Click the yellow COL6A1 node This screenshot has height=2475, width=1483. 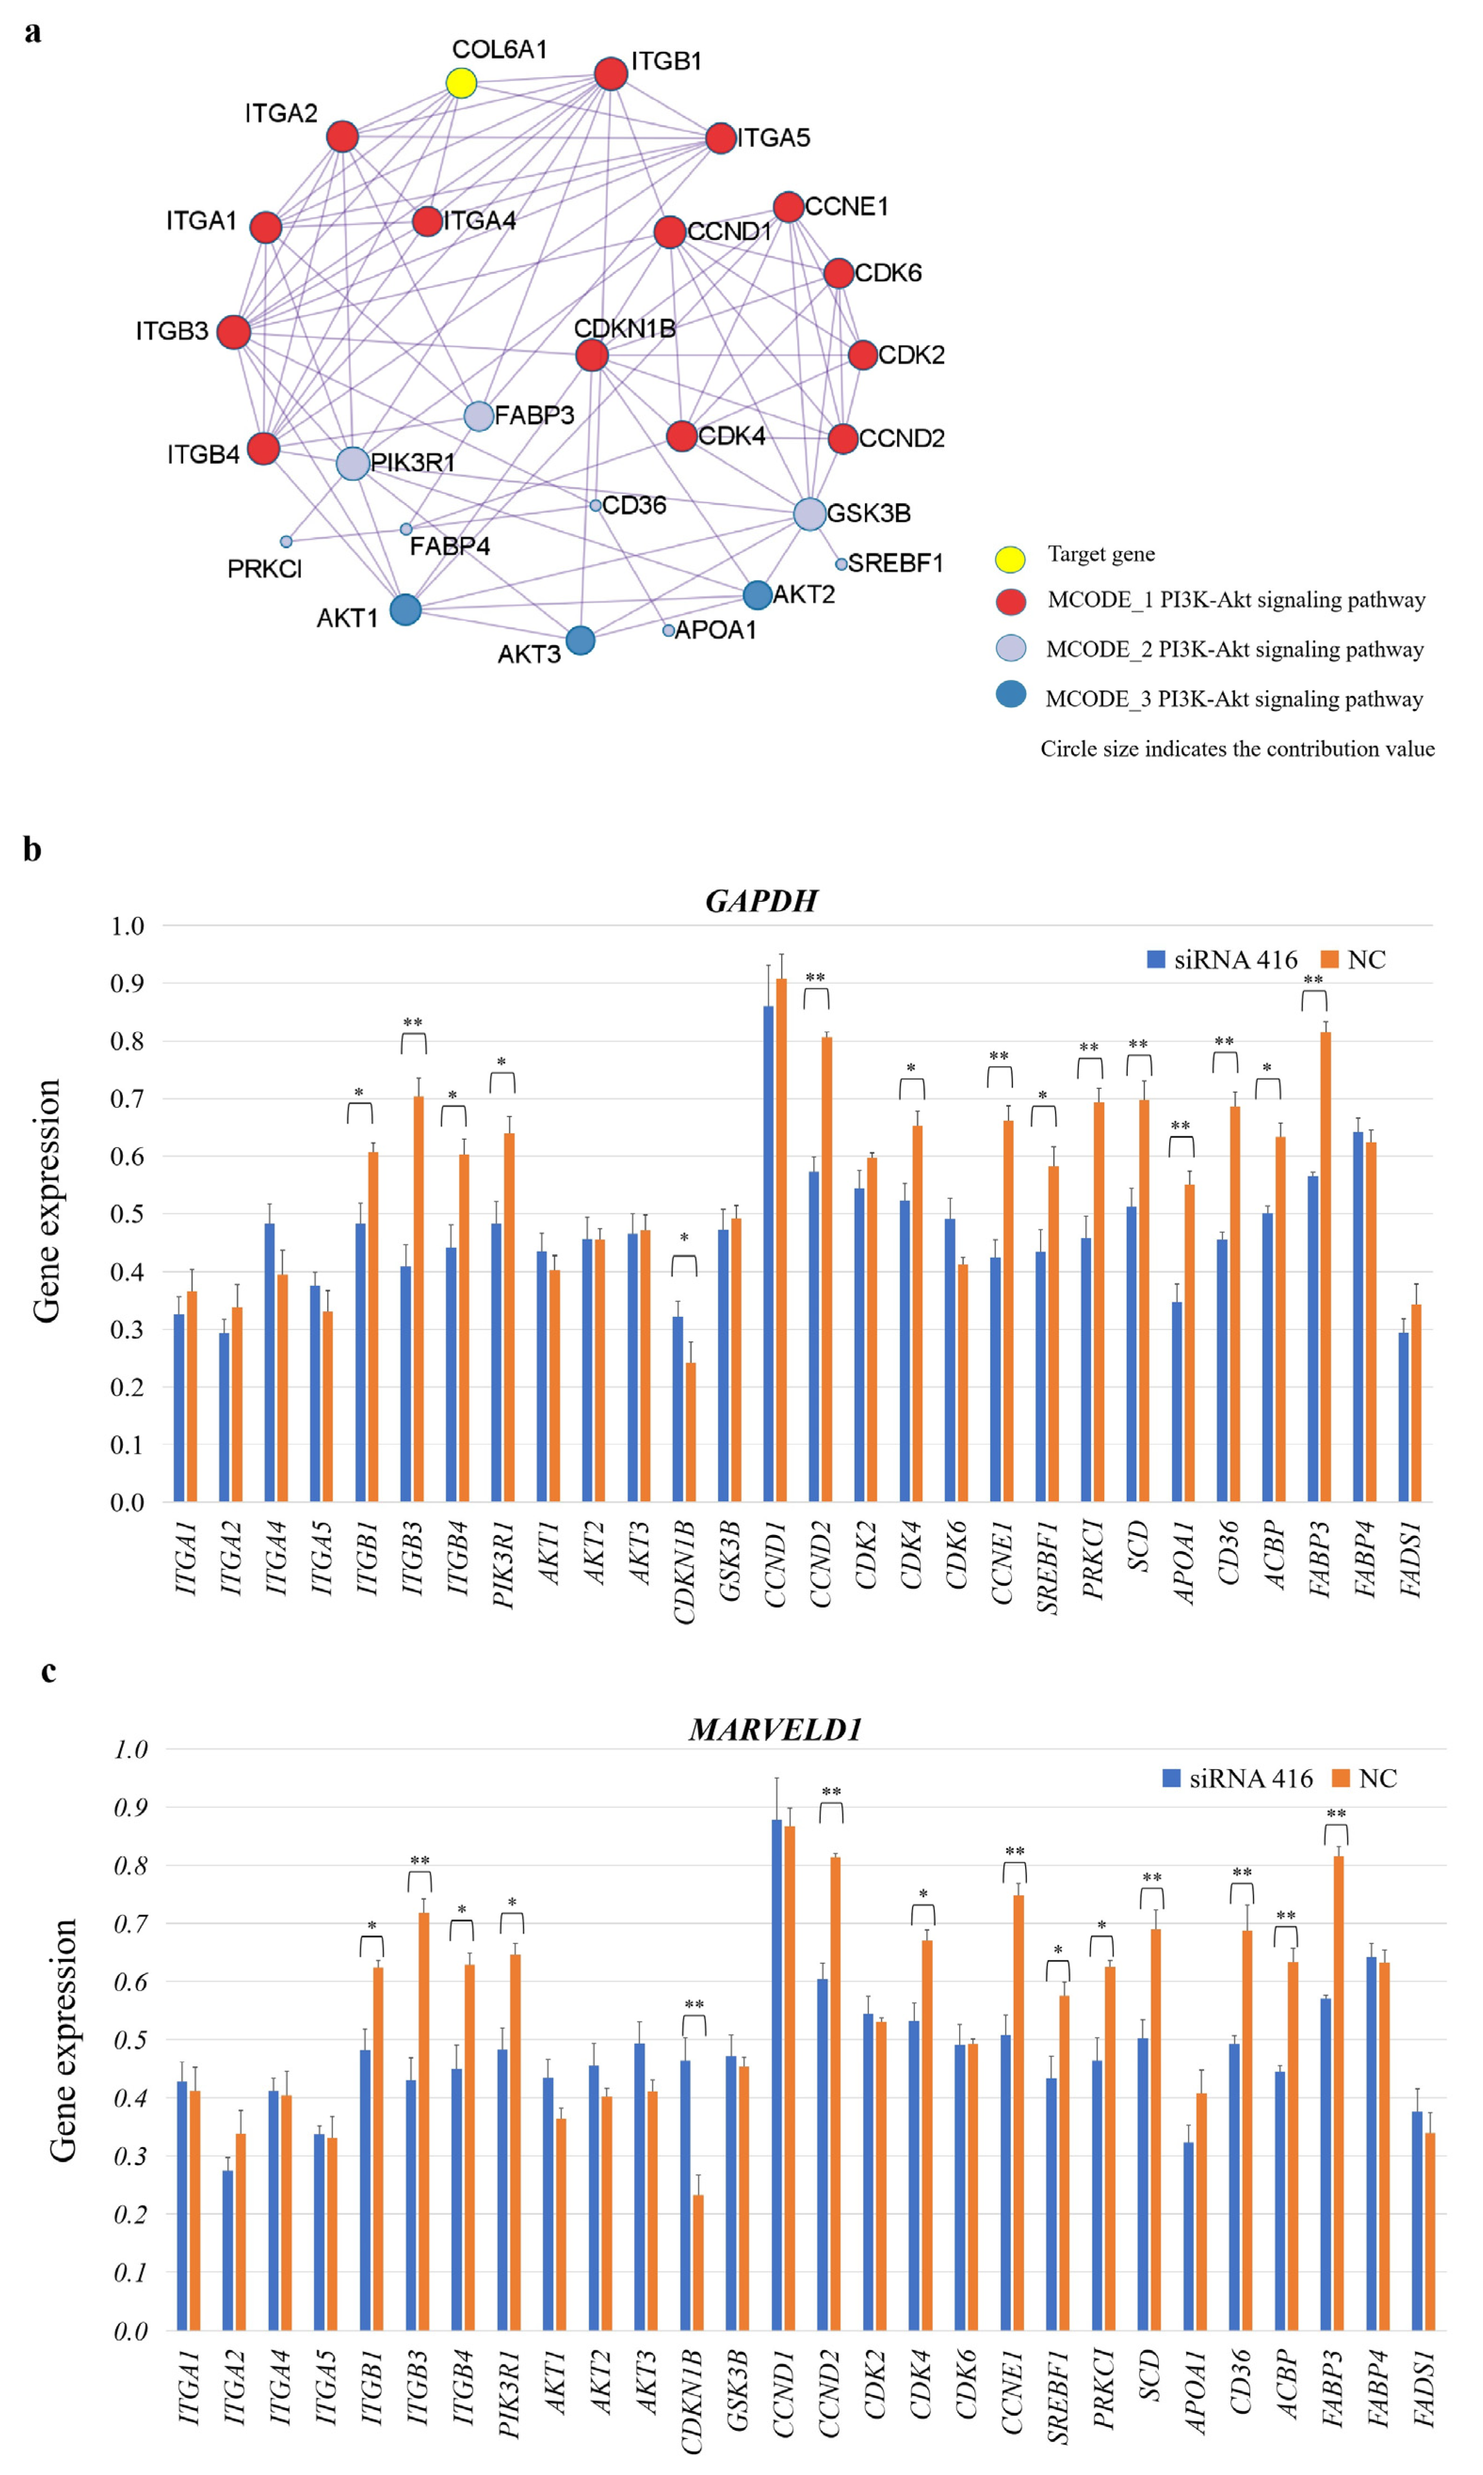[x=461, y=83]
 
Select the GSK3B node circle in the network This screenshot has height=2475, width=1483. [x=809, y=514]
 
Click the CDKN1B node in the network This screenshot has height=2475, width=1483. [x=592, y=355]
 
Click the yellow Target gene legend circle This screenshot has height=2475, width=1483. [x=1010, y=558]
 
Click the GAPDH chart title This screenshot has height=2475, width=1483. [x=761, y=901]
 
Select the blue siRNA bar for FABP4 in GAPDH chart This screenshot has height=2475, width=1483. [x=1358, y=1317]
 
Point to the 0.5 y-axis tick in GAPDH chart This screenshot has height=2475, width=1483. [x=127, y=1214]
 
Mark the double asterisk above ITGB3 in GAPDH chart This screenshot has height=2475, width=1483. [x=413, y=1022]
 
